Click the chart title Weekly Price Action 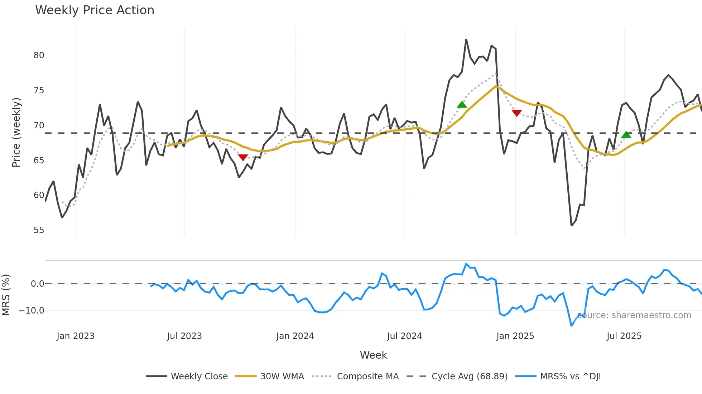[95, 10]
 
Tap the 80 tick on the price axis [39, 55]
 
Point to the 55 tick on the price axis [39, 230]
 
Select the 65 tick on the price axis [39, 161]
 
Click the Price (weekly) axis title [16, 132]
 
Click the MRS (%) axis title [6, 295]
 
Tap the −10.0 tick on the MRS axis [32, 311]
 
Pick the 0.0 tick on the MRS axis [37, 284]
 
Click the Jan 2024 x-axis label [295, 336]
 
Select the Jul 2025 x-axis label [624, 336]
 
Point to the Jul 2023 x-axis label [184, 336]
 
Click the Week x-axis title [373, 355]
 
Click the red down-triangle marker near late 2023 [243, 157]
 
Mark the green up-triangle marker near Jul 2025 [626, 135]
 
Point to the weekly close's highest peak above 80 [466, 40]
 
